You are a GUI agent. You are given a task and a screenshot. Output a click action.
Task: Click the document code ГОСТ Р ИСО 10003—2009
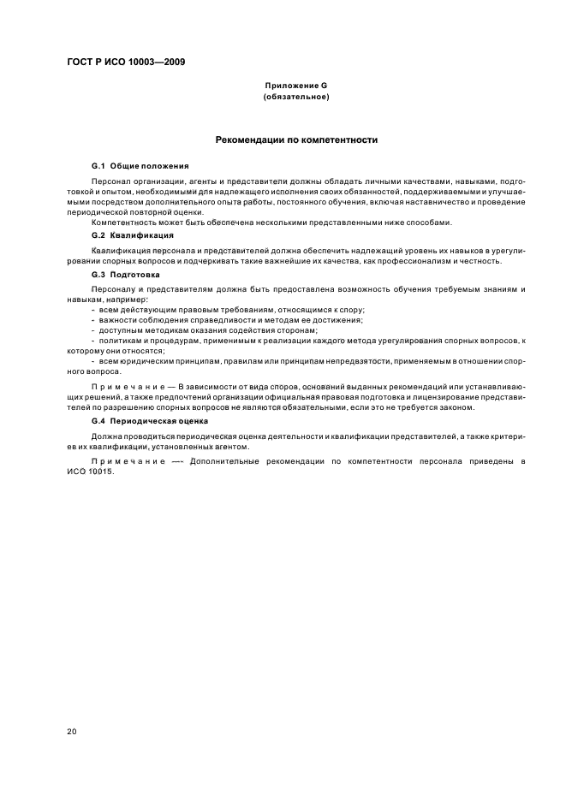[x=124, y=62]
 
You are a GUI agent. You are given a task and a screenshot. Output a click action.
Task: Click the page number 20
[x=72, y=733]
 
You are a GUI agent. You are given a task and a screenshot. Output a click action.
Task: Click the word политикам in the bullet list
[x=116, y=341]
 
